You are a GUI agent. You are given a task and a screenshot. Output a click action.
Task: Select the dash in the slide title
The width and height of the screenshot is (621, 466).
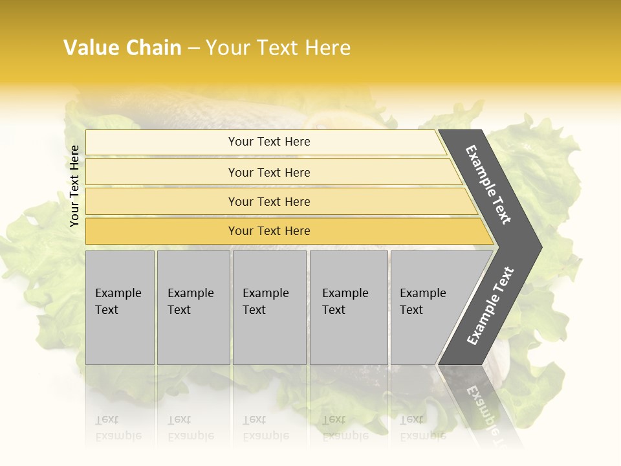[193, 49]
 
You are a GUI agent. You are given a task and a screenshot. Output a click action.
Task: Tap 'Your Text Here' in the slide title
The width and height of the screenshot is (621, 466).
[278, 48]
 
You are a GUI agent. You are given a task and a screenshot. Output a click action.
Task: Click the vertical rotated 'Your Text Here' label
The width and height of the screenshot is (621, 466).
[74, 186]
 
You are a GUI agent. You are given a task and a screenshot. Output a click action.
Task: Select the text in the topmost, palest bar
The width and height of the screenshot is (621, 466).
[269, 142]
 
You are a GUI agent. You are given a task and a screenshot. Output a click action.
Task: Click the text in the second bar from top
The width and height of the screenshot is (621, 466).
[269, 173]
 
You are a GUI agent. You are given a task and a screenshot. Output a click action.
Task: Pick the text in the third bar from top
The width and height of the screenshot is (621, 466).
[269, 202]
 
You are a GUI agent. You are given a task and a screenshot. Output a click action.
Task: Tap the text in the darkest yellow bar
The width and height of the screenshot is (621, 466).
[269, 231]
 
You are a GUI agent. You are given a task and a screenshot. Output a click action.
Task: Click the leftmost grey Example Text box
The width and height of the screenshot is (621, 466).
[119, 307]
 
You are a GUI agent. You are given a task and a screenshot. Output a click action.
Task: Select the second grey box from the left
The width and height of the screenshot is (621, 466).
[193, 307]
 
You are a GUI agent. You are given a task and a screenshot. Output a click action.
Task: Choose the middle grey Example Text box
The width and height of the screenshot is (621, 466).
[268, 307]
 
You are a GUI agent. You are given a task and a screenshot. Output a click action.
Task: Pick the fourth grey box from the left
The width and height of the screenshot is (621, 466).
[348, 307]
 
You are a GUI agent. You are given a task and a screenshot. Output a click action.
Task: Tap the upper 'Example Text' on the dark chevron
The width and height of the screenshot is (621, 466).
[488, 184]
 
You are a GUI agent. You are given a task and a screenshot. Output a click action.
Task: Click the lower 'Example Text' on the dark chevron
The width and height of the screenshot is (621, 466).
[490, 306]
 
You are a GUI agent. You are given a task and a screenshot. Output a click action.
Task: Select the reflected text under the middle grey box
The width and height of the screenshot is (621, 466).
[265, 428]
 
